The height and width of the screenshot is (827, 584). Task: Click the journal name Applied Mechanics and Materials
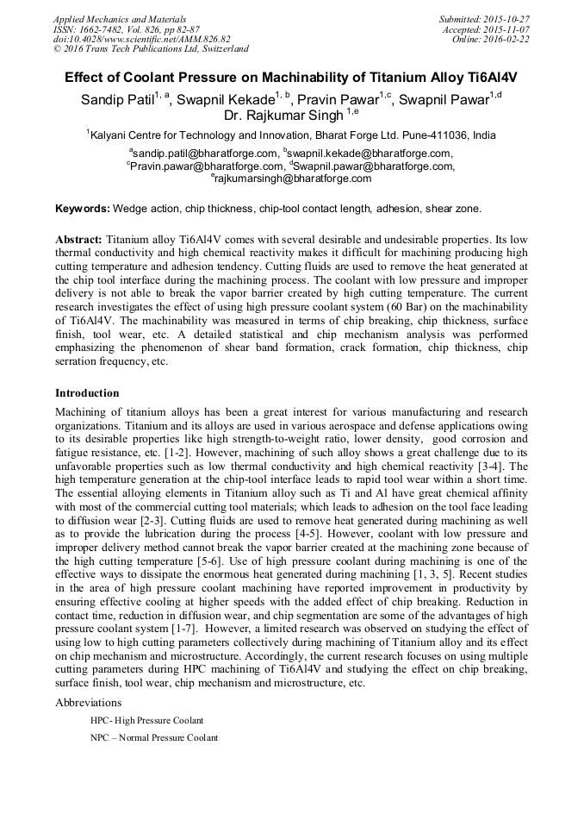(x=119, y=19)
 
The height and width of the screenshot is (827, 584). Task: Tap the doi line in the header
(x=141, y=39)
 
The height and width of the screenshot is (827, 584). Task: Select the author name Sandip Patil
(x=116, y=100)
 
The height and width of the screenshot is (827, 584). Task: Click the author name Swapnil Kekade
(x=226, y=100)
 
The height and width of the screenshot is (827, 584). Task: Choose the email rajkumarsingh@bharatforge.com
(x=293, y=179)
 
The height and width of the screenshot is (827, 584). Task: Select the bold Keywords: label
(x=83, y=209)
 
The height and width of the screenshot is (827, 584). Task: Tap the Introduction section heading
(x=87, y=392)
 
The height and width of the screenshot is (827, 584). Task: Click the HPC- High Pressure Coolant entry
(x=146, y=720)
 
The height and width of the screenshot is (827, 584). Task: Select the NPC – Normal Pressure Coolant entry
(x=153, y=737)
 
